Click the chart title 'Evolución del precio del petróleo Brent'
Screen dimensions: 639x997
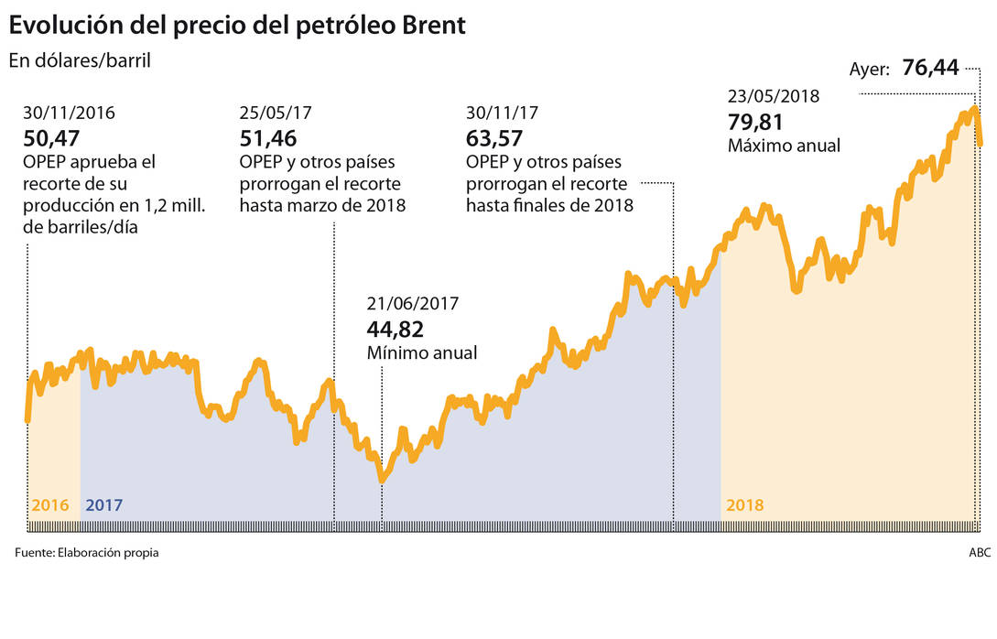(x=238, y=25)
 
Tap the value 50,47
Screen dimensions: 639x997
(x=51, y=138)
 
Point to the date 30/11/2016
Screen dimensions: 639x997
(x=70, y=114)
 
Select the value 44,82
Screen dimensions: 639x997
(x=396, y=330)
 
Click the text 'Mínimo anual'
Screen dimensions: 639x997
(x=422, y=353)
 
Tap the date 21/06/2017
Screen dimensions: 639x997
(x=413, y=305)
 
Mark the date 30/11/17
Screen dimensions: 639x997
(x=502, y=114)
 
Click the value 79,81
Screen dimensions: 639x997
(x=756, y=122)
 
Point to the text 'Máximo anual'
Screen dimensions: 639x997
(x=784, y=146)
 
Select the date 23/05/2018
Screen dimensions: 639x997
(x=774, y=96)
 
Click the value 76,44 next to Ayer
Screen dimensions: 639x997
(x=930, y=67)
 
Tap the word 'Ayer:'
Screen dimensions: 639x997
(x=870, y=70)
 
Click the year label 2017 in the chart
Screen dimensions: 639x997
(x=103, y=505)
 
